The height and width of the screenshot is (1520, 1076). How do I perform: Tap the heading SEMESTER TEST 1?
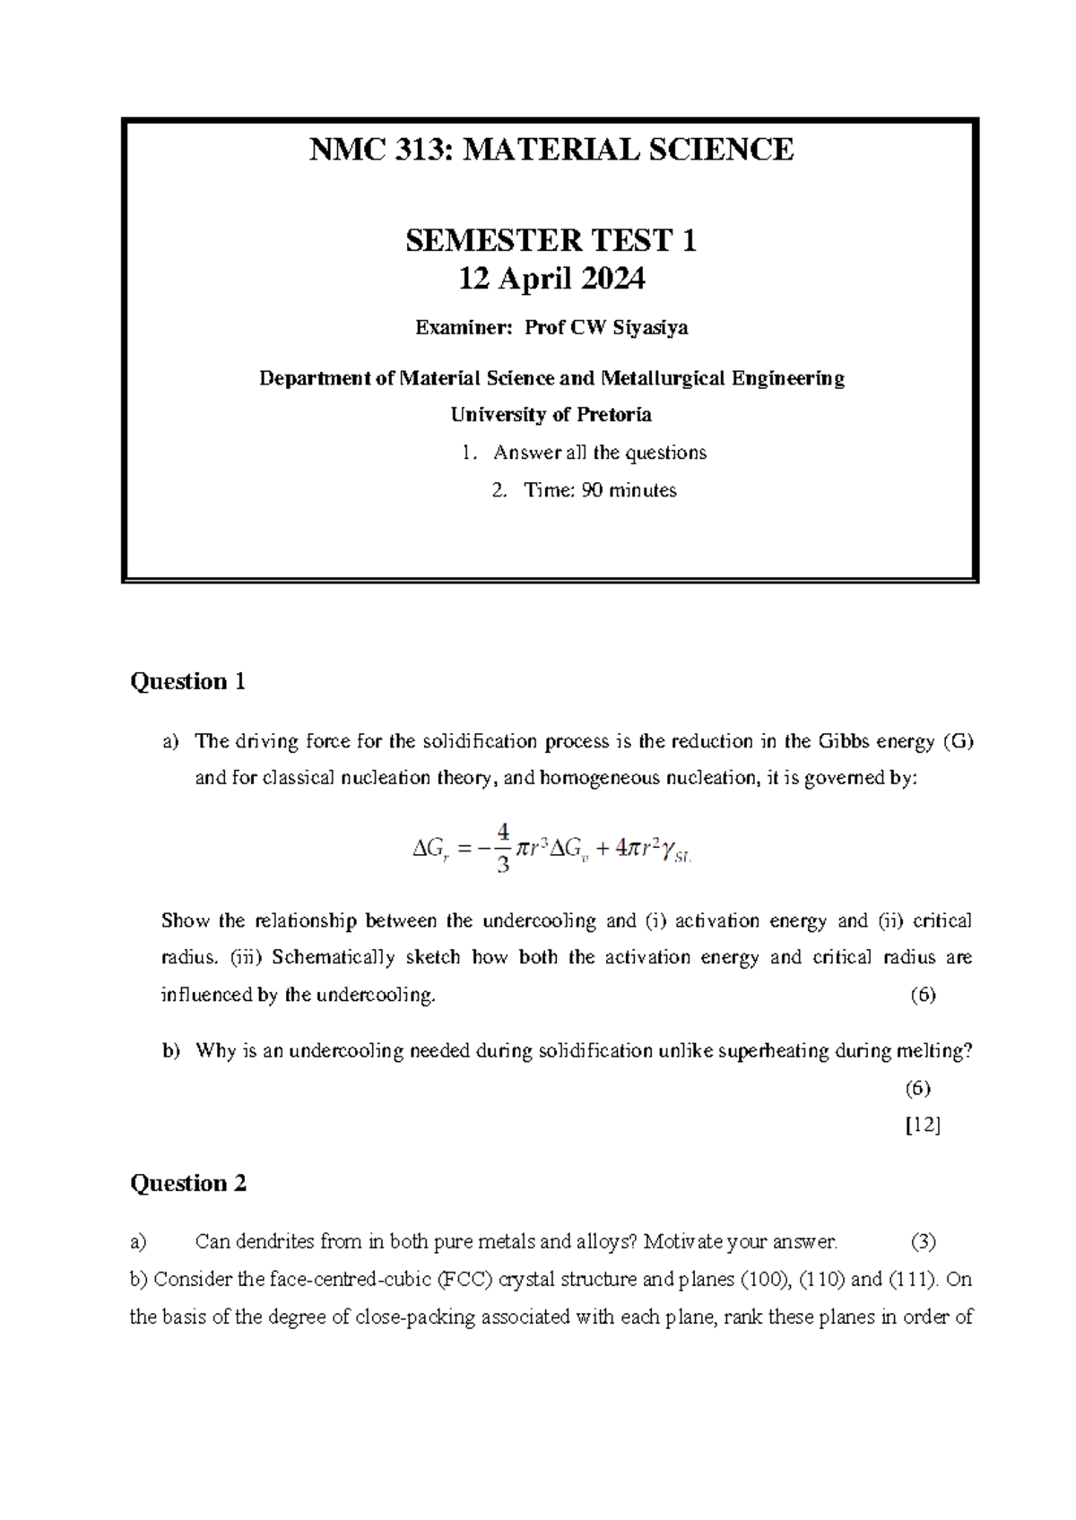pos(551,240)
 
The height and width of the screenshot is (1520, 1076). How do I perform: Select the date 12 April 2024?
pos(551,280)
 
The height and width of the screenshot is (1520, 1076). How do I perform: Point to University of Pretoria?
pos(551,415)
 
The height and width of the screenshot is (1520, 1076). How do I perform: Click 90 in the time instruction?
pos(592,490)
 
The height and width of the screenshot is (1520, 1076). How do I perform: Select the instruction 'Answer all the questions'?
pos(599,453)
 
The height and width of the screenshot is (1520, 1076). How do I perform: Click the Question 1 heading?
pos(187,682)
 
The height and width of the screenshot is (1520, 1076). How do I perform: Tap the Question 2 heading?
pos(187,1184)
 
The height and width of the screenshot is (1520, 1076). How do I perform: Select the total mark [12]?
pos(923,1126)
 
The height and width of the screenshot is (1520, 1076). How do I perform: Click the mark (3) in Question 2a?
pos(923,1242)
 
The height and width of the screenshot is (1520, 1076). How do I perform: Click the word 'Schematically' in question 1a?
pos(333,957)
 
